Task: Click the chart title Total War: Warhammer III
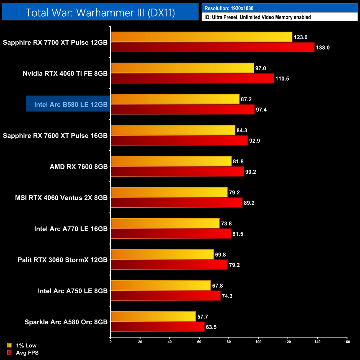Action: tap(100, 12)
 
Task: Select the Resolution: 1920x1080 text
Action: tap(229, 8)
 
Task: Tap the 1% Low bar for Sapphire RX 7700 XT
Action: tap(201, 37)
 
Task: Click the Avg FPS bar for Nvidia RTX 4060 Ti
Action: tap(192, 78)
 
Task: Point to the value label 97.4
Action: tap(261, 110)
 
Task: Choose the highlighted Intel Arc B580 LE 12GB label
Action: tap(71, 105)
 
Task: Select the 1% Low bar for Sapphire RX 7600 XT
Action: tap(173, 130)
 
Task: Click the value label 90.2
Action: tap(251, 172)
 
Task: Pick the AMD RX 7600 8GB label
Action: tap(79, 167)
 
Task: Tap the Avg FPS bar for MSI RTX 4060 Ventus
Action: tap(176, 203)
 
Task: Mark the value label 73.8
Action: tap(226, 223)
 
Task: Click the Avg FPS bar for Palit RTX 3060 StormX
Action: tap(169, 265)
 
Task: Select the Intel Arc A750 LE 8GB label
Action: tap(73, 291)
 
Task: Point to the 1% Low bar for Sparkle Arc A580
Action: tap(153, 317)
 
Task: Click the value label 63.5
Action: tap(211, 327)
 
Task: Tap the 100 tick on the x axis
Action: tap(258, 342)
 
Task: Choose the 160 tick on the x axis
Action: tap(347, 342)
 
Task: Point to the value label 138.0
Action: tap(323, 48)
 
